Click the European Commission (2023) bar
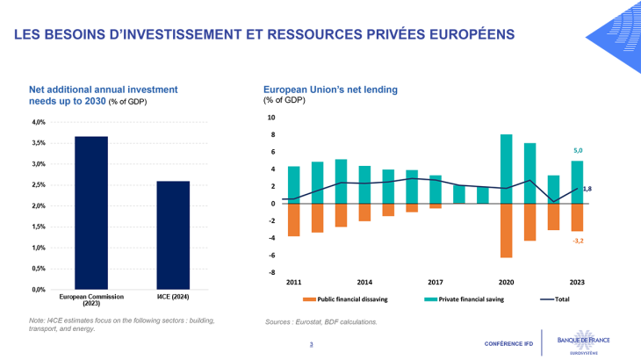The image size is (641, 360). click(x=91, y=212)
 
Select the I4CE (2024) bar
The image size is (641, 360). click(x=173, y=234)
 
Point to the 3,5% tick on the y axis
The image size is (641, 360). click(x=40, y=143)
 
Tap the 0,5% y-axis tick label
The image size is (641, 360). click(x=40, y=269)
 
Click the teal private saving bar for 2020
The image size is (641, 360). click(x=507, y=169)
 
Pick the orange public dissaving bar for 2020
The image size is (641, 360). click(x=507, y=230)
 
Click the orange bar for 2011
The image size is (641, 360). click(x=293, y=220)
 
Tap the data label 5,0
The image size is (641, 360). click(x=578, y=151)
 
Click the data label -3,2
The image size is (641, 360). click(x=579, y=241)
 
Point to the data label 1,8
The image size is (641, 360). click(x=587, y=188)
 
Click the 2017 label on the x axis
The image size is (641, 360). click(x=436, y=283)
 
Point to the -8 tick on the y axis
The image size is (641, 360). click(x=271, y=272)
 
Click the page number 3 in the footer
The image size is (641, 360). click(x=311, y=343)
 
